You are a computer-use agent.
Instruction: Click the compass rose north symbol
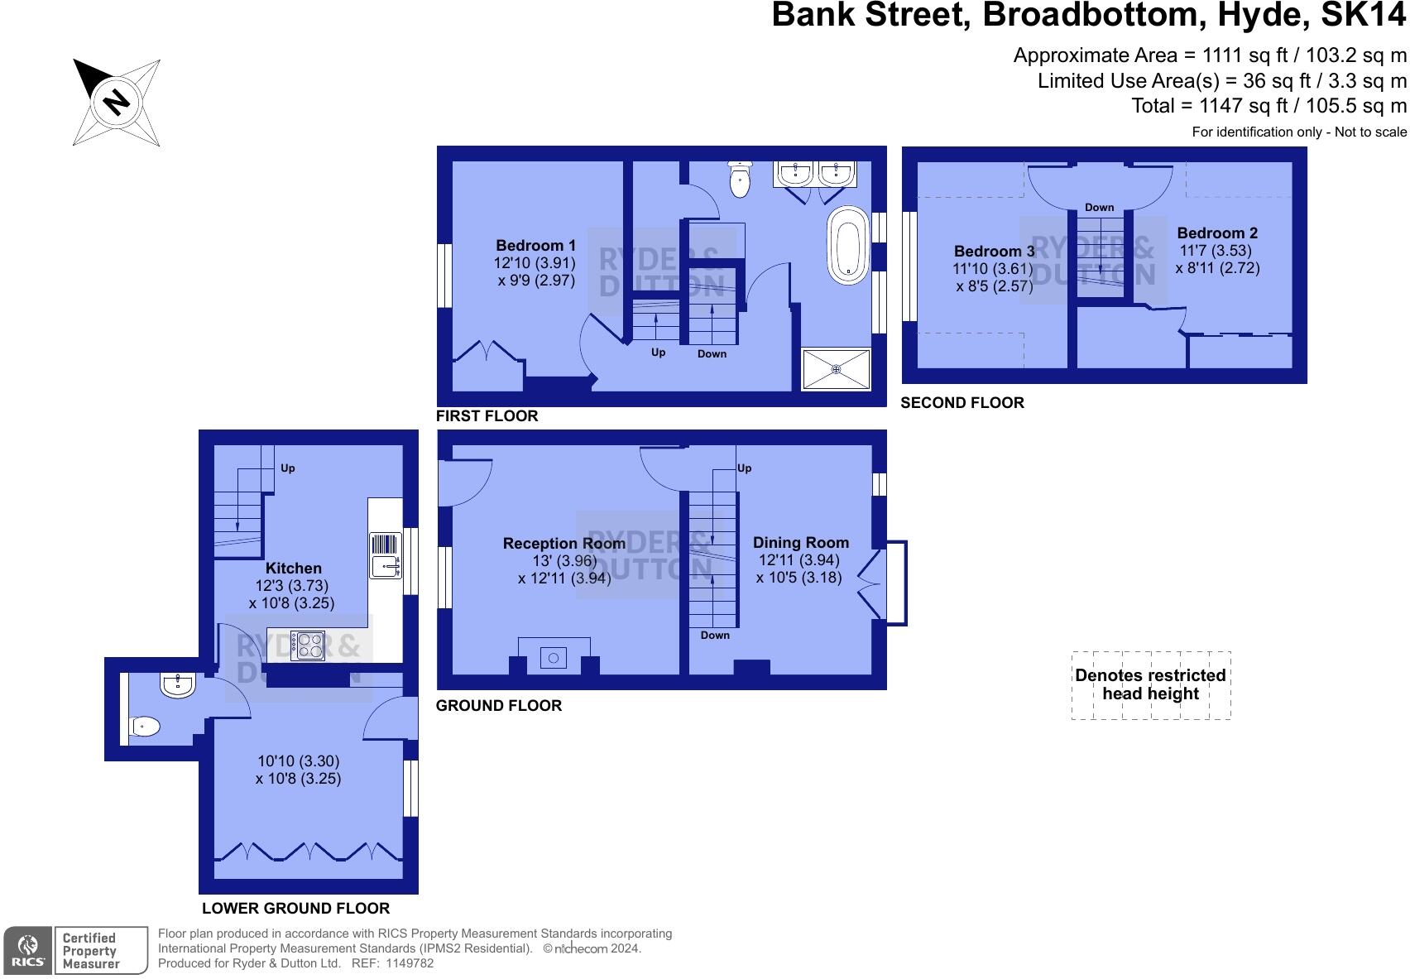(x=116, y=103)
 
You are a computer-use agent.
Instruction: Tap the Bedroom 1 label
(x=535, y=246)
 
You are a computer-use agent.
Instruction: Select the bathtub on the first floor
(x=847, y=246)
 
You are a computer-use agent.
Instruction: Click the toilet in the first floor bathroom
(x=739, y=180)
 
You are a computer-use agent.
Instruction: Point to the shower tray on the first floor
(x=836, y=368)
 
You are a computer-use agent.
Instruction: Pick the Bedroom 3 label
(x=994, y=252)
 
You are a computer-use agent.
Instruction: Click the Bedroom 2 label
(x=1217, y=233)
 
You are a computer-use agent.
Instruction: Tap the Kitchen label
(x=293, y=569)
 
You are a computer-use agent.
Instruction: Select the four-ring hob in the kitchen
(x=307, y=645)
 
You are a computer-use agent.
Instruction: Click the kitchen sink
(x=385, y=555)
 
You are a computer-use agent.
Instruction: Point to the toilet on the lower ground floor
(x=144, y=727)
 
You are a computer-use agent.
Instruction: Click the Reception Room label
(x=564, y=544)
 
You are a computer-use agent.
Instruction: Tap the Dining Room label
(x=800, y=543)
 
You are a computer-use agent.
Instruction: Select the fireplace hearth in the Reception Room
(x=554, y=657)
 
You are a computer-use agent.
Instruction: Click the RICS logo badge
(x=28, y=950)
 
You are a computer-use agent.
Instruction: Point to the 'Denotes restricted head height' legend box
(x=1150, y=685)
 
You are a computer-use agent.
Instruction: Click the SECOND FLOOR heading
(x=962, y=403)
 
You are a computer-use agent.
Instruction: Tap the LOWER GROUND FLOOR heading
(x=295, y=908)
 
